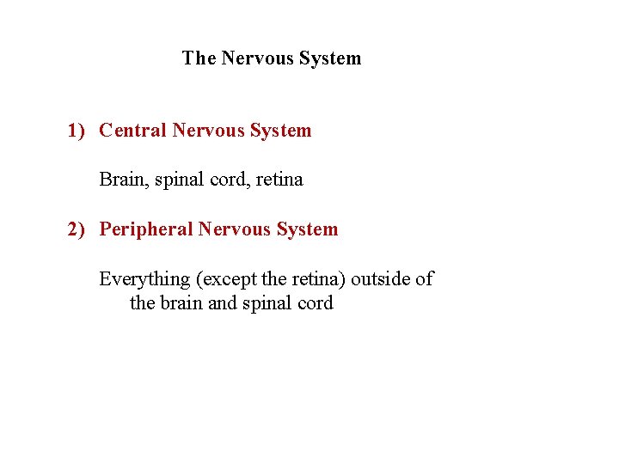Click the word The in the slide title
point(199,58)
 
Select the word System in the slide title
point(329,58)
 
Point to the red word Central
point(133,131)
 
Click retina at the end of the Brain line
point(279,180)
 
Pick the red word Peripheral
point(146,229)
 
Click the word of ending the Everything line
point(425,279)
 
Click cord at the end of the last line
point(315,303)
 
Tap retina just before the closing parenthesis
point(322,279)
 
